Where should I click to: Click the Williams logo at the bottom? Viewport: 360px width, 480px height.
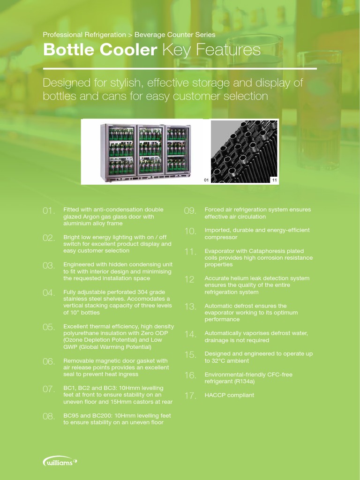[60, 462]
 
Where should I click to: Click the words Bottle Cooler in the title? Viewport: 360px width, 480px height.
[100, 50]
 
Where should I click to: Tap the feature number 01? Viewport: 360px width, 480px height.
[49, 211]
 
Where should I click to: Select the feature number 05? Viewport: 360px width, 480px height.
[49, 327]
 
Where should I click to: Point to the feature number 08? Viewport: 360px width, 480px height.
[49, 416]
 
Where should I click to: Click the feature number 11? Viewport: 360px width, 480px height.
[190, 252]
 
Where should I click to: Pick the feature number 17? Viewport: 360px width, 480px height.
[190, 396]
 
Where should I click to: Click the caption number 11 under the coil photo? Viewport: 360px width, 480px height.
[274, 180]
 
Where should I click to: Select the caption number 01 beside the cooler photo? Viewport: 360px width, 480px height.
[206, 180]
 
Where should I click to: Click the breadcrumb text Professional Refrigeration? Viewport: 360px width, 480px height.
[84, 35]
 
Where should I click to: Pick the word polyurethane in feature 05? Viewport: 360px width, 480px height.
[82, 333]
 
